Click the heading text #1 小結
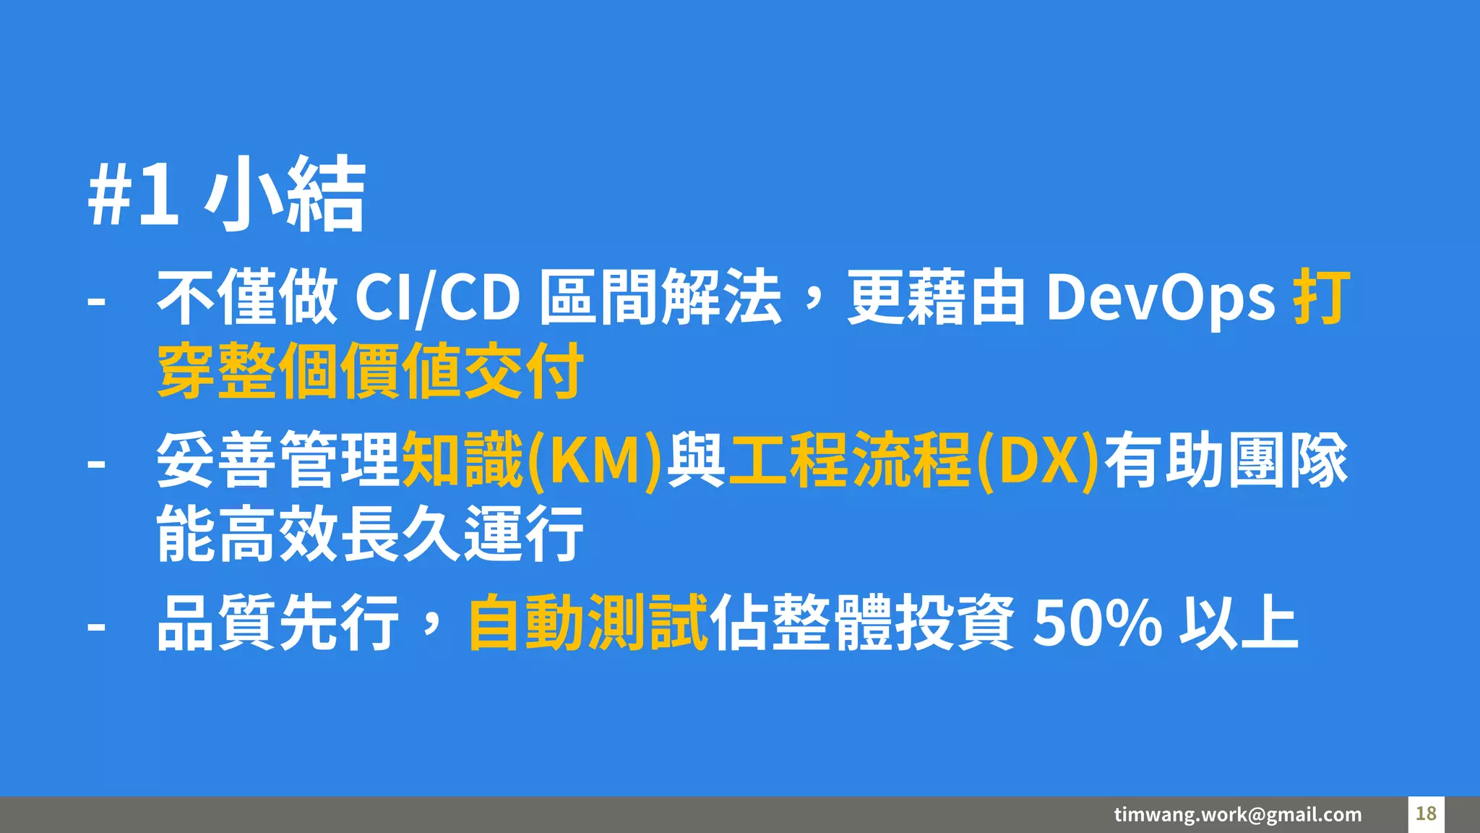(x=227, y=194)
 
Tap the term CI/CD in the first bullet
(x=437, y=297)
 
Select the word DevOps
(x=1161, y=297)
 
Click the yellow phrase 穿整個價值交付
(x=370, y=372)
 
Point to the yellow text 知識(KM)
(x=532, y=460)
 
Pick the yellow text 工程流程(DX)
(x=913, y=460)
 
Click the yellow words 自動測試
(x=588, y=622)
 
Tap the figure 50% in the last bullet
(x=1097, y=622)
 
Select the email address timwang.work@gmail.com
(x=1237, y=814)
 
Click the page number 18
(x=1426, y=813)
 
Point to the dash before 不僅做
(x=96, y=299)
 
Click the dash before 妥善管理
(x=96, y=462)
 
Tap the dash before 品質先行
(x=96, y=624)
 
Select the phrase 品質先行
(x=277, y=622)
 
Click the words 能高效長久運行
(x=370, y=534)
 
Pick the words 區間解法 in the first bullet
(x=661, y=297)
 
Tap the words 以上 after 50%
(x=1239, y=622)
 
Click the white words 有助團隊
(x=1226, y=460)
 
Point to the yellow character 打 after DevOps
(x=1321, y=297)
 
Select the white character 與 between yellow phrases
(x=696, y=460)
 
